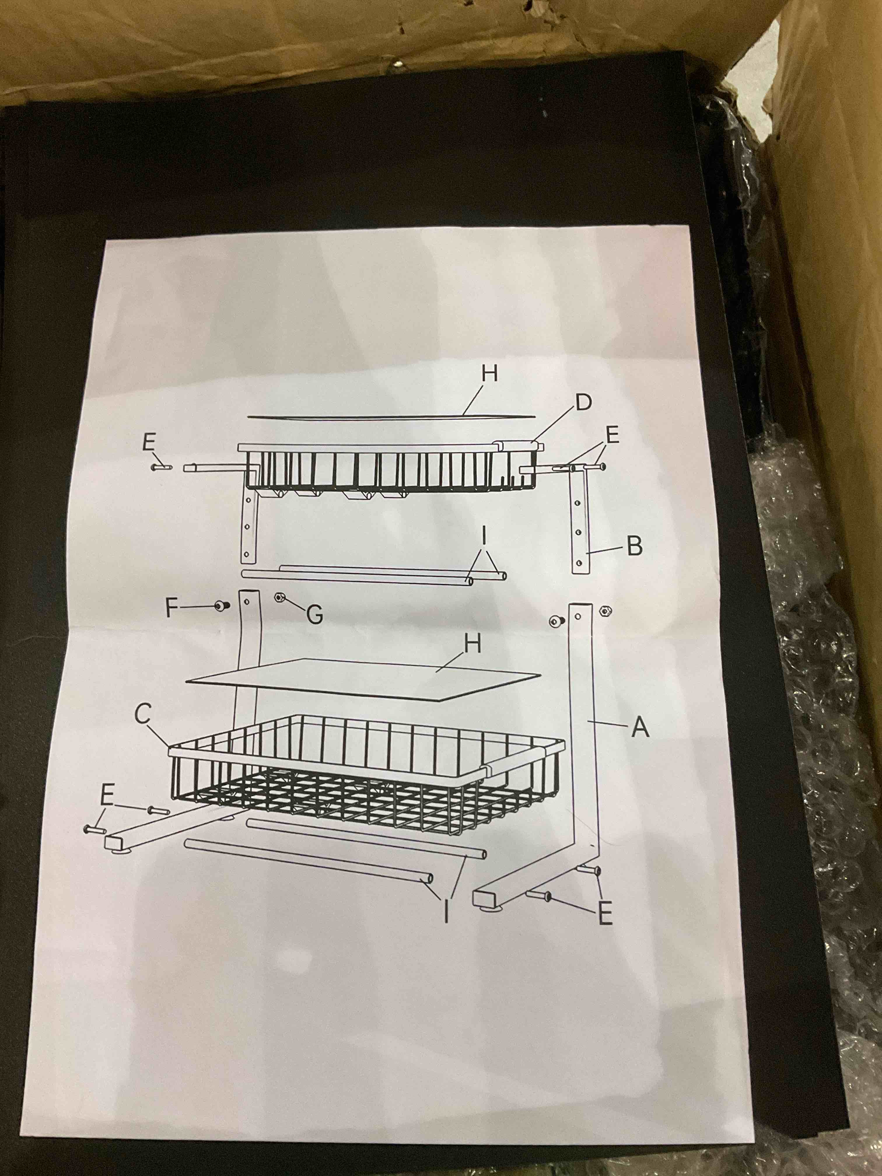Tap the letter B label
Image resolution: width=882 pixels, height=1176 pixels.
634,546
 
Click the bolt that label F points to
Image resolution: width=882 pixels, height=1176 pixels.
220,605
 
